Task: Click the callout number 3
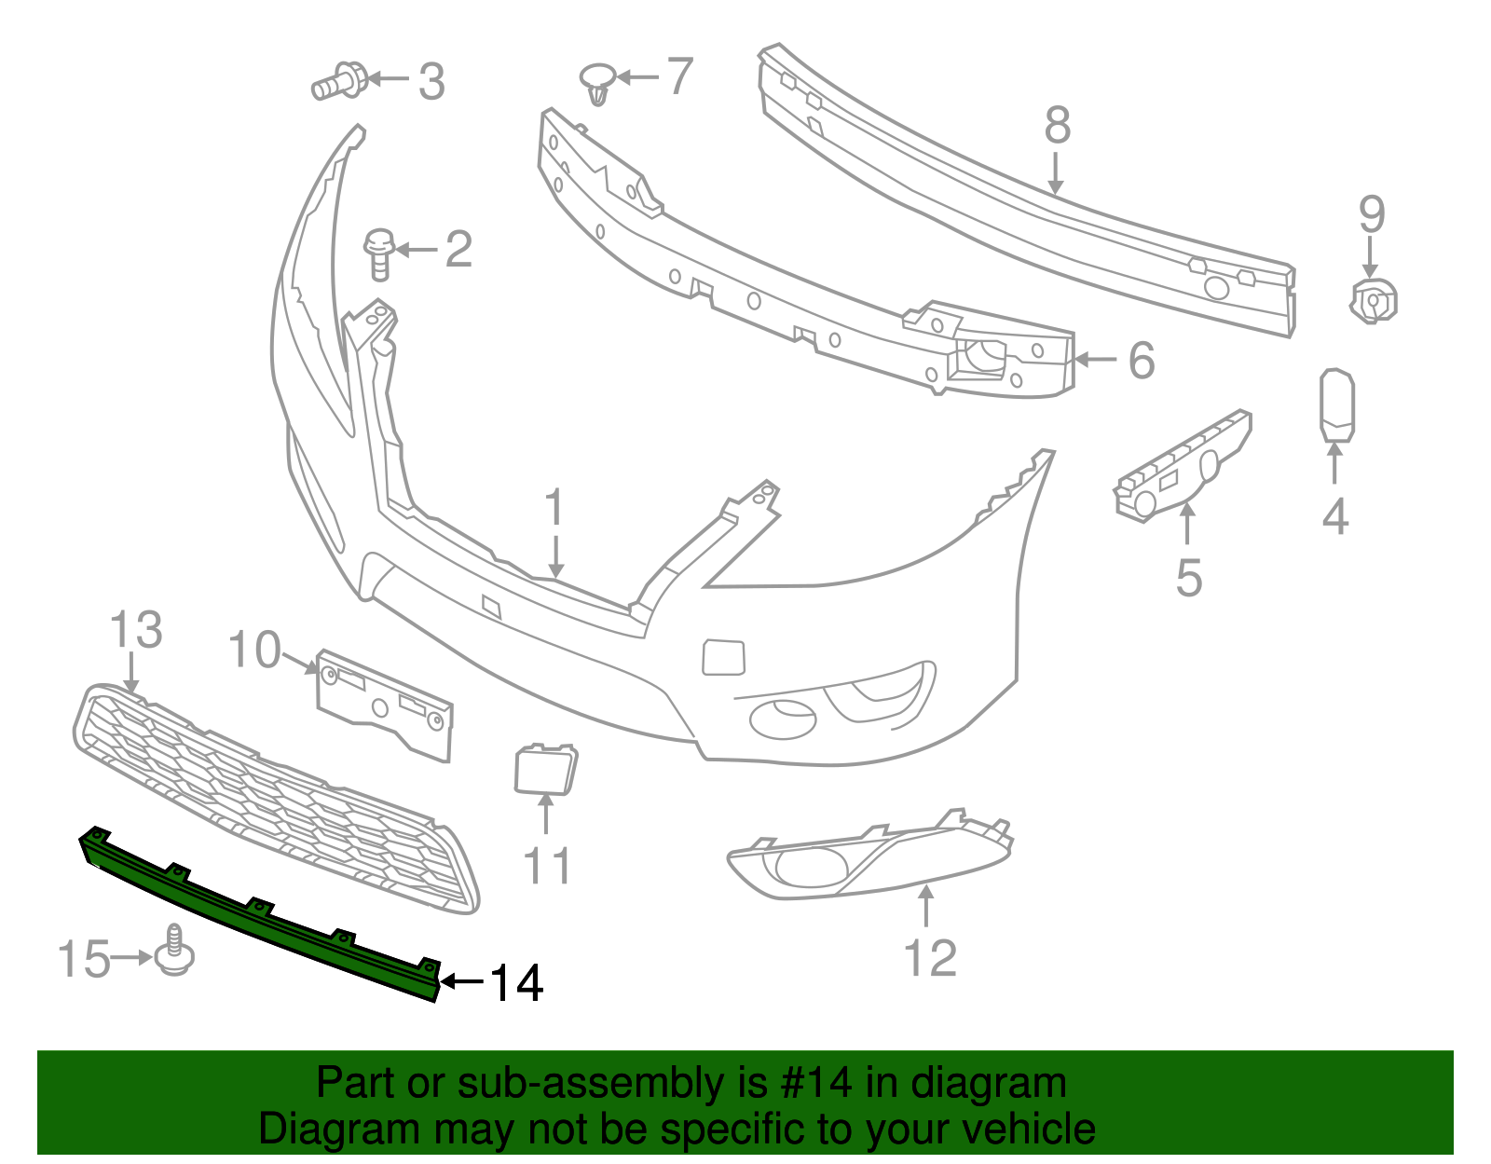(x=431, y=81)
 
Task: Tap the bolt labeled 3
(x=338, y=81)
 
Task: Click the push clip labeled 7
(x=596, y=83)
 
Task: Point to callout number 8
(x=1057, y=125)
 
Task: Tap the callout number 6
(x=1142, y=360)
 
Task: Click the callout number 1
(x=554, y=508)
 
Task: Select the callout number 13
(x=136, y=630)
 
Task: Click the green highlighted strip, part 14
(x=261, y=917)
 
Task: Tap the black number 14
(x=515, y=983)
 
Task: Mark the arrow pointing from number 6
(x=1095, y=360)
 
